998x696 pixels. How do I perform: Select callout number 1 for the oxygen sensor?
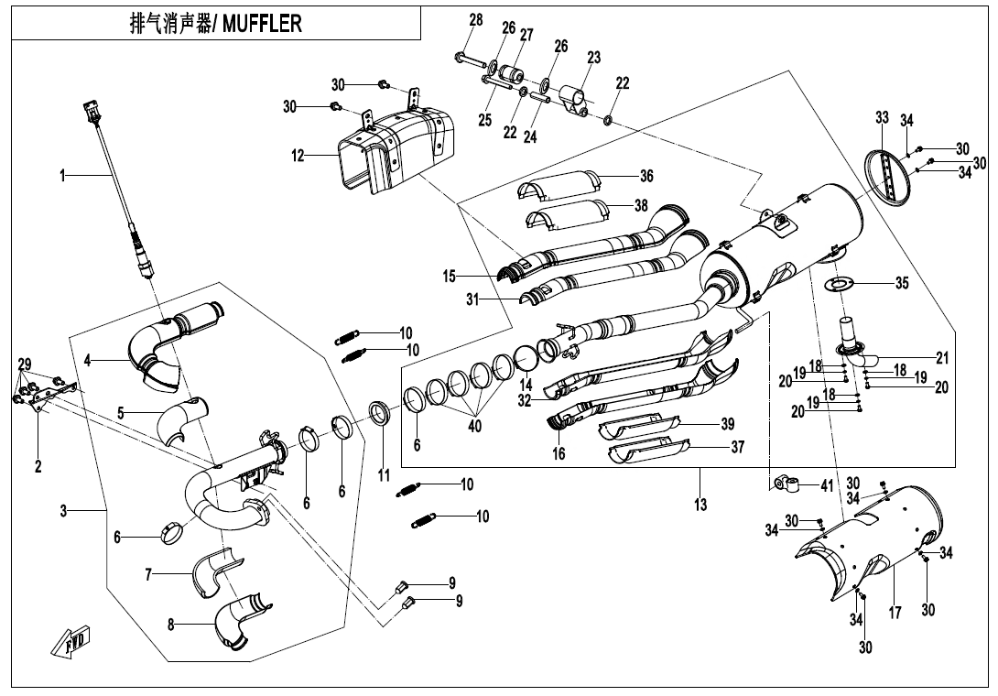click(x=63, y=175)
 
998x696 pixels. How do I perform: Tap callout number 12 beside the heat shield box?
click(x=298, y=157)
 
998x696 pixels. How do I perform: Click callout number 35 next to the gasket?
click(x=902, y=283)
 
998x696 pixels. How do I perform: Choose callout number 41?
click(x=827, y=484)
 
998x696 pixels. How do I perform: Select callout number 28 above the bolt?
click(x=475, y=20)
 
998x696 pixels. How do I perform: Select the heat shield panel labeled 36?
click(x=559, y=185)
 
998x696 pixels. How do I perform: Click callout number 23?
click(x=594, y=58)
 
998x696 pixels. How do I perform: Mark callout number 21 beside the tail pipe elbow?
click(x=942, y=356)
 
